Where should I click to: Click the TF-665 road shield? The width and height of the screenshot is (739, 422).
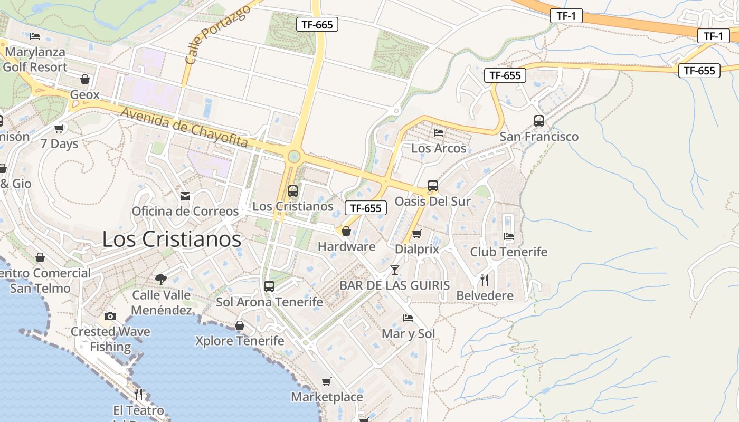[x=317, y=24]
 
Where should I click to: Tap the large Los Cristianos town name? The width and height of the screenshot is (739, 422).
[x=172, y=239]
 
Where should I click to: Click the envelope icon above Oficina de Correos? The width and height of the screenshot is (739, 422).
[x=185, y=196]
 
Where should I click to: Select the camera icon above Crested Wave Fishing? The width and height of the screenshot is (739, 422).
[x=110, y=316]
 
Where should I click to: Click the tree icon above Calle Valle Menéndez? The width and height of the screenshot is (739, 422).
[x=161, y=280]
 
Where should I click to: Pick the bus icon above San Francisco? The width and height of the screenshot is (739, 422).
[x=539, y=121]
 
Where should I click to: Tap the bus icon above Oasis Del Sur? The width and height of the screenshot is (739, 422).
[x=433, y=186]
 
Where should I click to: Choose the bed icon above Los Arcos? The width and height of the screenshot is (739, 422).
[x=439, y=133]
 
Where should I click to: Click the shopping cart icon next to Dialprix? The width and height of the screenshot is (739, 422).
[x=417, y=234]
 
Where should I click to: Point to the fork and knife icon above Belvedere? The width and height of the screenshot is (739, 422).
[x=485, y=280]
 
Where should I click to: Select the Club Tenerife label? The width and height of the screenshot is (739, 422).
[x=509, y=252]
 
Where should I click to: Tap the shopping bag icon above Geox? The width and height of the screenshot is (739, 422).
[x=85, y=80]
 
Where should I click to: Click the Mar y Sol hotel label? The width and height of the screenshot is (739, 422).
[x=409, y=333]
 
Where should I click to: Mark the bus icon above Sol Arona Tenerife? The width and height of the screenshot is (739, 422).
[x=269, y=286]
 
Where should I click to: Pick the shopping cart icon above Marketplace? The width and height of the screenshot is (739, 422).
[x=327, y=381]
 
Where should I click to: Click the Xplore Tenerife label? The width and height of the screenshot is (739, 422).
[x=240, y=341]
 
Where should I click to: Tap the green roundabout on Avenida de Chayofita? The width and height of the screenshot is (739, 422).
[x=294, y=157]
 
